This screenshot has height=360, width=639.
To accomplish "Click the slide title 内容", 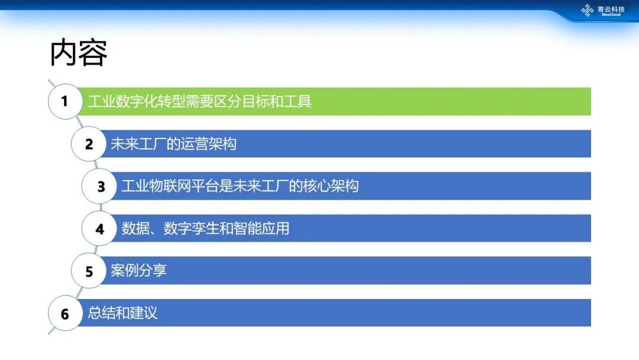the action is (x=78, y=53).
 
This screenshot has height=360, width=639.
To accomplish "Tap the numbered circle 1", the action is (x=65, y=101).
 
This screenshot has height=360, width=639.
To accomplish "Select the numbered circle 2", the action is (x=88, y=144).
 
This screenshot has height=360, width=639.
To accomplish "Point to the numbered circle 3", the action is (x=99, y=187).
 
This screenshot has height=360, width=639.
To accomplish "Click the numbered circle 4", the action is (x=99, y=229).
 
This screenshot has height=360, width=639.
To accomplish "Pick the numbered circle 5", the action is (x=88, y=271).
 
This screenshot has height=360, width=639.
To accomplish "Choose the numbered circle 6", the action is (x=65, y=313).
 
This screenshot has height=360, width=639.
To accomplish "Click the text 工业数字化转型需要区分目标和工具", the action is (x=200, y=101).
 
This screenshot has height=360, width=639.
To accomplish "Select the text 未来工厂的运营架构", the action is (x=173, y=144).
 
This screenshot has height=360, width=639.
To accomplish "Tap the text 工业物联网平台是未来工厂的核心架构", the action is (x=240, y=186).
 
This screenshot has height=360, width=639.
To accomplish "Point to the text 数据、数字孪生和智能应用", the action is (x=205, y=229).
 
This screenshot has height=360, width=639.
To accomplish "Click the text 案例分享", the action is (x=139, y=271).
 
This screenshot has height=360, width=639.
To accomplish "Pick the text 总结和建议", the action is (x=122, y=313).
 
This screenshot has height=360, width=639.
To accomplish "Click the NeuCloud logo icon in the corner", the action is (x=588, y=10).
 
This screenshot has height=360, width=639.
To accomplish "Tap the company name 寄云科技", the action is (x=611, y=9).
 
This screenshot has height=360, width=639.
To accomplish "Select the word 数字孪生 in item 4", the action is (x=191, y=229).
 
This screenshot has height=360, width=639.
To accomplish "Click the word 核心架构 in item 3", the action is (x=331, y=186).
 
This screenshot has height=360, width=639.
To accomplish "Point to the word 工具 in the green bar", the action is (x=298, y=101).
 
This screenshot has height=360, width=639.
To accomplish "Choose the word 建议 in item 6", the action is (x=144, y=313).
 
